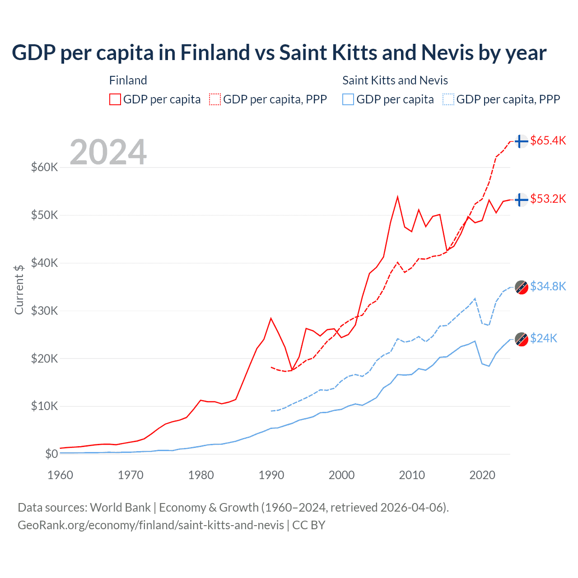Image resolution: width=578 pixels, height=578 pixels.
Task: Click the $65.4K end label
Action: (x=548, y=140)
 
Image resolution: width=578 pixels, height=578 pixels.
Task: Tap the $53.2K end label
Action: (x=548, y=199)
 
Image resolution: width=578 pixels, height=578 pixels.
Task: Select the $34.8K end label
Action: (x=548, y=286)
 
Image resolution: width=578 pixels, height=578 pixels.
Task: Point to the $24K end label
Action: (x=544, y=338)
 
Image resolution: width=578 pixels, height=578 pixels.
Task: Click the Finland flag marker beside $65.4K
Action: (x=522, y=141)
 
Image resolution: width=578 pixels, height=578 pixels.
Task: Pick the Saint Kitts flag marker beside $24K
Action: (x=522, y=339)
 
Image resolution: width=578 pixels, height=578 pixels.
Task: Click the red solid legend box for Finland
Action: (x=115, y=99)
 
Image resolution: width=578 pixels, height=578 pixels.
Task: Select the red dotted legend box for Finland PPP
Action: (x=215, y=99)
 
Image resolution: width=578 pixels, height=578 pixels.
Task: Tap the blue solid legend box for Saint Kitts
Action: (x=348, y=99)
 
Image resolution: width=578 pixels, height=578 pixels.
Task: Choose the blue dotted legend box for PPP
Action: (x=448, y=99)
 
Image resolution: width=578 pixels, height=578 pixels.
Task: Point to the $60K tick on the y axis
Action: (x=45, y=168)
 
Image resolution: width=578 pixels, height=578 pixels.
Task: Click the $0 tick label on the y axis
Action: (x=51, y=454)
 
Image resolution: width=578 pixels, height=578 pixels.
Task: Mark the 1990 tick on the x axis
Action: (x=271, y=475)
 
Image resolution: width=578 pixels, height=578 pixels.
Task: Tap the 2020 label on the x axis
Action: (x=482, y=475)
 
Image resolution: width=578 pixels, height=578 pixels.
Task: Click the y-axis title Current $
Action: (x=19, y=289)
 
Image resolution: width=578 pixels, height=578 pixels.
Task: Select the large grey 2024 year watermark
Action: (x=108, y=152)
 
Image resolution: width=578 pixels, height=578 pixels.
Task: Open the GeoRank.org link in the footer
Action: (x=151, y=525)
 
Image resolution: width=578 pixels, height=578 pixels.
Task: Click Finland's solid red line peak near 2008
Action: (x=397, y=197)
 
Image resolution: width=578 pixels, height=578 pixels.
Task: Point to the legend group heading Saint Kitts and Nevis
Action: (x=395, y=80)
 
